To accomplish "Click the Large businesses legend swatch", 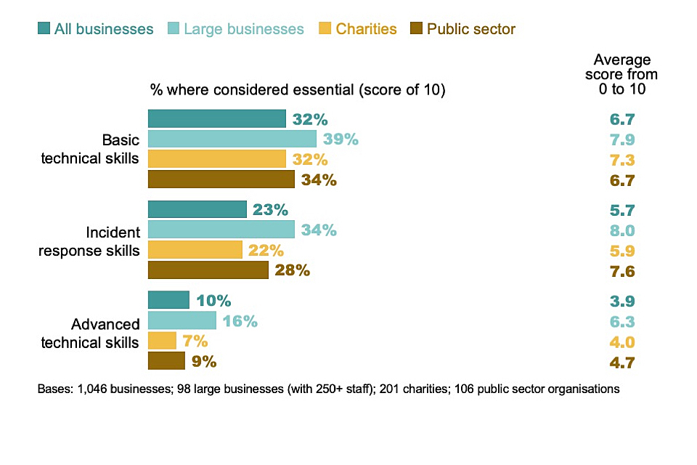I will click(174, 29).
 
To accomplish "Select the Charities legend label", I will click(366, 29).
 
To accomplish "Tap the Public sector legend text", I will click(470, 29).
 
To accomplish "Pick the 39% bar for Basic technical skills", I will click(232, 139).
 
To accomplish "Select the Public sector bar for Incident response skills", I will click(208, 270).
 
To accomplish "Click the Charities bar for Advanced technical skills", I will click(162, 341).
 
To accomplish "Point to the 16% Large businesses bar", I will click(182, 320).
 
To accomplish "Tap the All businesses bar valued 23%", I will click(197, 209).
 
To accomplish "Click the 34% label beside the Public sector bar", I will click(319, 179).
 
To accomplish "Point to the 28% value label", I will click(293, 270).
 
